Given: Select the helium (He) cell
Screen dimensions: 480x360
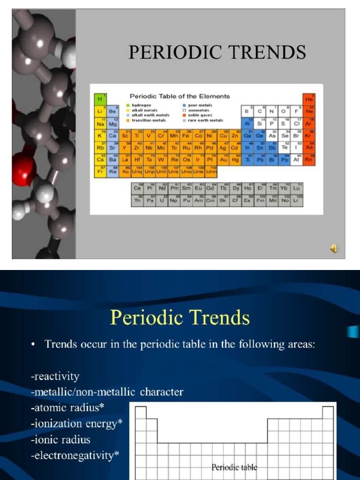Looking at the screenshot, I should coord(309,99).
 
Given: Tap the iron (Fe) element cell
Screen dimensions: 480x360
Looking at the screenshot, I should coord(186,135).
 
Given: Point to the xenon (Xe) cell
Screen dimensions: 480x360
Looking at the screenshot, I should coord(309,147).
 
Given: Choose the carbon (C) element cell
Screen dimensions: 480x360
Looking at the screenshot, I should coord(260,112).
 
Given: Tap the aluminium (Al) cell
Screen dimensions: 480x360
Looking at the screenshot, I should coord(247,123).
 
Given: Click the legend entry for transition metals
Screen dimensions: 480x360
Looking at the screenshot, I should coord(148,120).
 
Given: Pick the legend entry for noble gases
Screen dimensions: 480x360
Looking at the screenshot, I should coord(199,115).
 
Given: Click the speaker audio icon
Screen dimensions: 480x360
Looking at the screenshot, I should coord(335,248).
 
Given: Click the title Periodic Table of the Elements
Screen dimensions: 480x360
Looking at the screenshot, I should coord(180,96).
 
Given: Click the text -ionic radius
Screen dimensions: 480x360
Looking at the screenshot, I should coord(61,439).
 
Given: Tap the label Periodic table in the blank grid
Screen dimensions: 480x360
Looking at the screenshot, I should coord(234,467).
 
